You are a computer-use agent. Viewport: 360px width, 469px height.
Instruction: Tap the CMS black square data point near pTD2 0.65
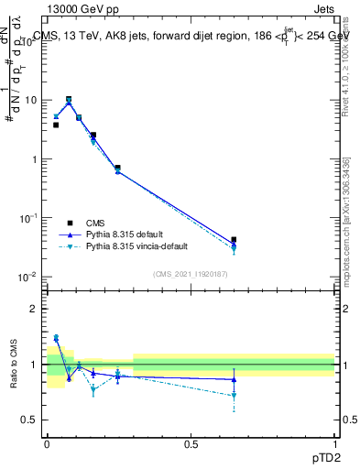[x=234, y=240]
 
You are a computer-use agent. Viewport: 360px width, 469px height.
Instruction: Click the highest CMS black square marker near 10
[x=69, y=99]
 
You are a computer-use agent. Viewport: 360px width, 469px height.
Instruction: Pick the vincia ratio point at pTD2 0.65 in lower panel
[x=234, y=396]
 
